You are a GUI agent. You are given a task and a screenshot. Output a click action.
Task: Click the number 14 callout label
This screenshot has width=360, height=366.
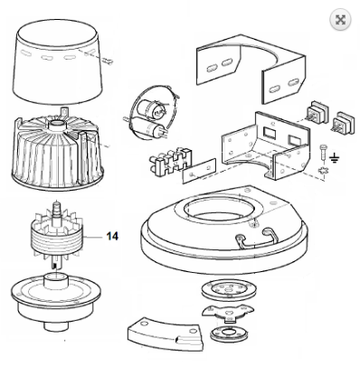pos(112,236)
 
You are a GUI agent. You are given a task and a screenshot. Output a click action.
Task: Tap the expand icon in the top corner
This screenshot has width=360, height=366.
pos(340,20)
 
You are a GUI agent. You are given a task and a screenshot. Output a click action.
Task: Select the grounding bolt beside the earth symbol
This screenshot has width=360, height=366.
pos(323,154)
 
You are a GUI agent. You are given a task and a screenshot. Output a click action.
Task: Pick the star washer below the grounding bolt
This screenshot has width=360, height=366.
pos(323,171)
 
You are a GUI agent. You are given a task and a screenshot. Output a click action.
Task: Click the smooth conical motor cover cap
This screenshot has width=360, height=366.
pos(58,61)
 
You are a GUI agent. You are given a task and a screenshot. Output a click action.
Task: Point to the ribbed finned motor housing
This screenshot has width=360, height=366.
pos(57,150)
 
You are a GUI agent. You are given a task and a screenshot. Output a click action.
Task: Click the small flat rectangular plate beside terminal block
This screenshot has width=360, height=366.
pos(199,171)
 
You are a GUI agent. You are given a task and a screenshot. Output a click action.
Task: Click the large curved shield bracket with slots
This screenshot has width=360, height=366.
pos(251,69)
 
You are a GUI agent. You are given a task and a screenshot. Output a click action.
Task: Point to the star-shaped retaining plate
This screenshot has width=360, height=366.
pos(228,314)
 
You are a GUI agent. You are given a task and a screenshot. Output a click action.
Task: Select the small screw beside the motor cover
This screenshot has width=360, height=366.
pos(108,61)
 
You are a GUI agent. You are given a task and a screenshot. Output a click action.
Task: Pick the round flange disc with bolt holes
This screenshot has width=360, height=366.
pos(229,290)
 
